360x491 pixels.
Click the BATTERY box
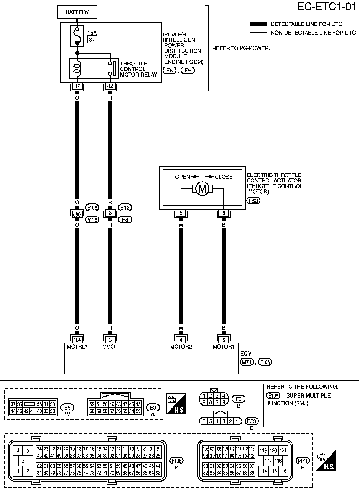click(77, 12)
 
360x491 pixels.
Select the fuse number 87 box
click(92, 39)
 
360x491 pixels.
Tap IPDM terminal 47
click(77, 86)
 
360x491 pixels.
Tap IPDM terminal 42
click(110, 86)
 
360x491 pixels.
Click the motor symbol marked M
click(202, 188)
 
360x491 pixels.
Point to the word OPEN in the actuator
click(182, 177)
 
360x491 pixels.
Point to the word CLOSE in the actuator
click(224, 177)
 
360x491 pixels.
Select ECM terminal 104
click(77, 340)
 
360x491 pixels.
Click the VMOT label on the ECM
click(110, 347)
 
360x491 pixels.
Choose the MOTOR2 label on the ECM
click(181, 347)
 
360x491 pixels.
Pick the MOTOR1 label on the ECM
click(224, 347)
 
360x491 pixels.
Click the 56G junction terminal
click(77, 214)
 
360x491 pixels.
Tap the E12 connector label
click(125, 208)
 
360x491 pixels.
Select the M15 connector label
click(92, 219)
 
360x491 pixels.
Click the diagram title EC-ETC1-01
click(327, 7)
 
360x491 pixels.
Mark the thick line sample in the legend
click(258, 24)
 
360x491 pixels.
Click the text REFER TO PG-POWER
click(241, 48)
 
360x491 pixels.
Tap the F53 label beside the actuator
click(253, 201)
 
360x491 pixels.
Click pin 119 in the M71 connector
click(263, 450)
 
